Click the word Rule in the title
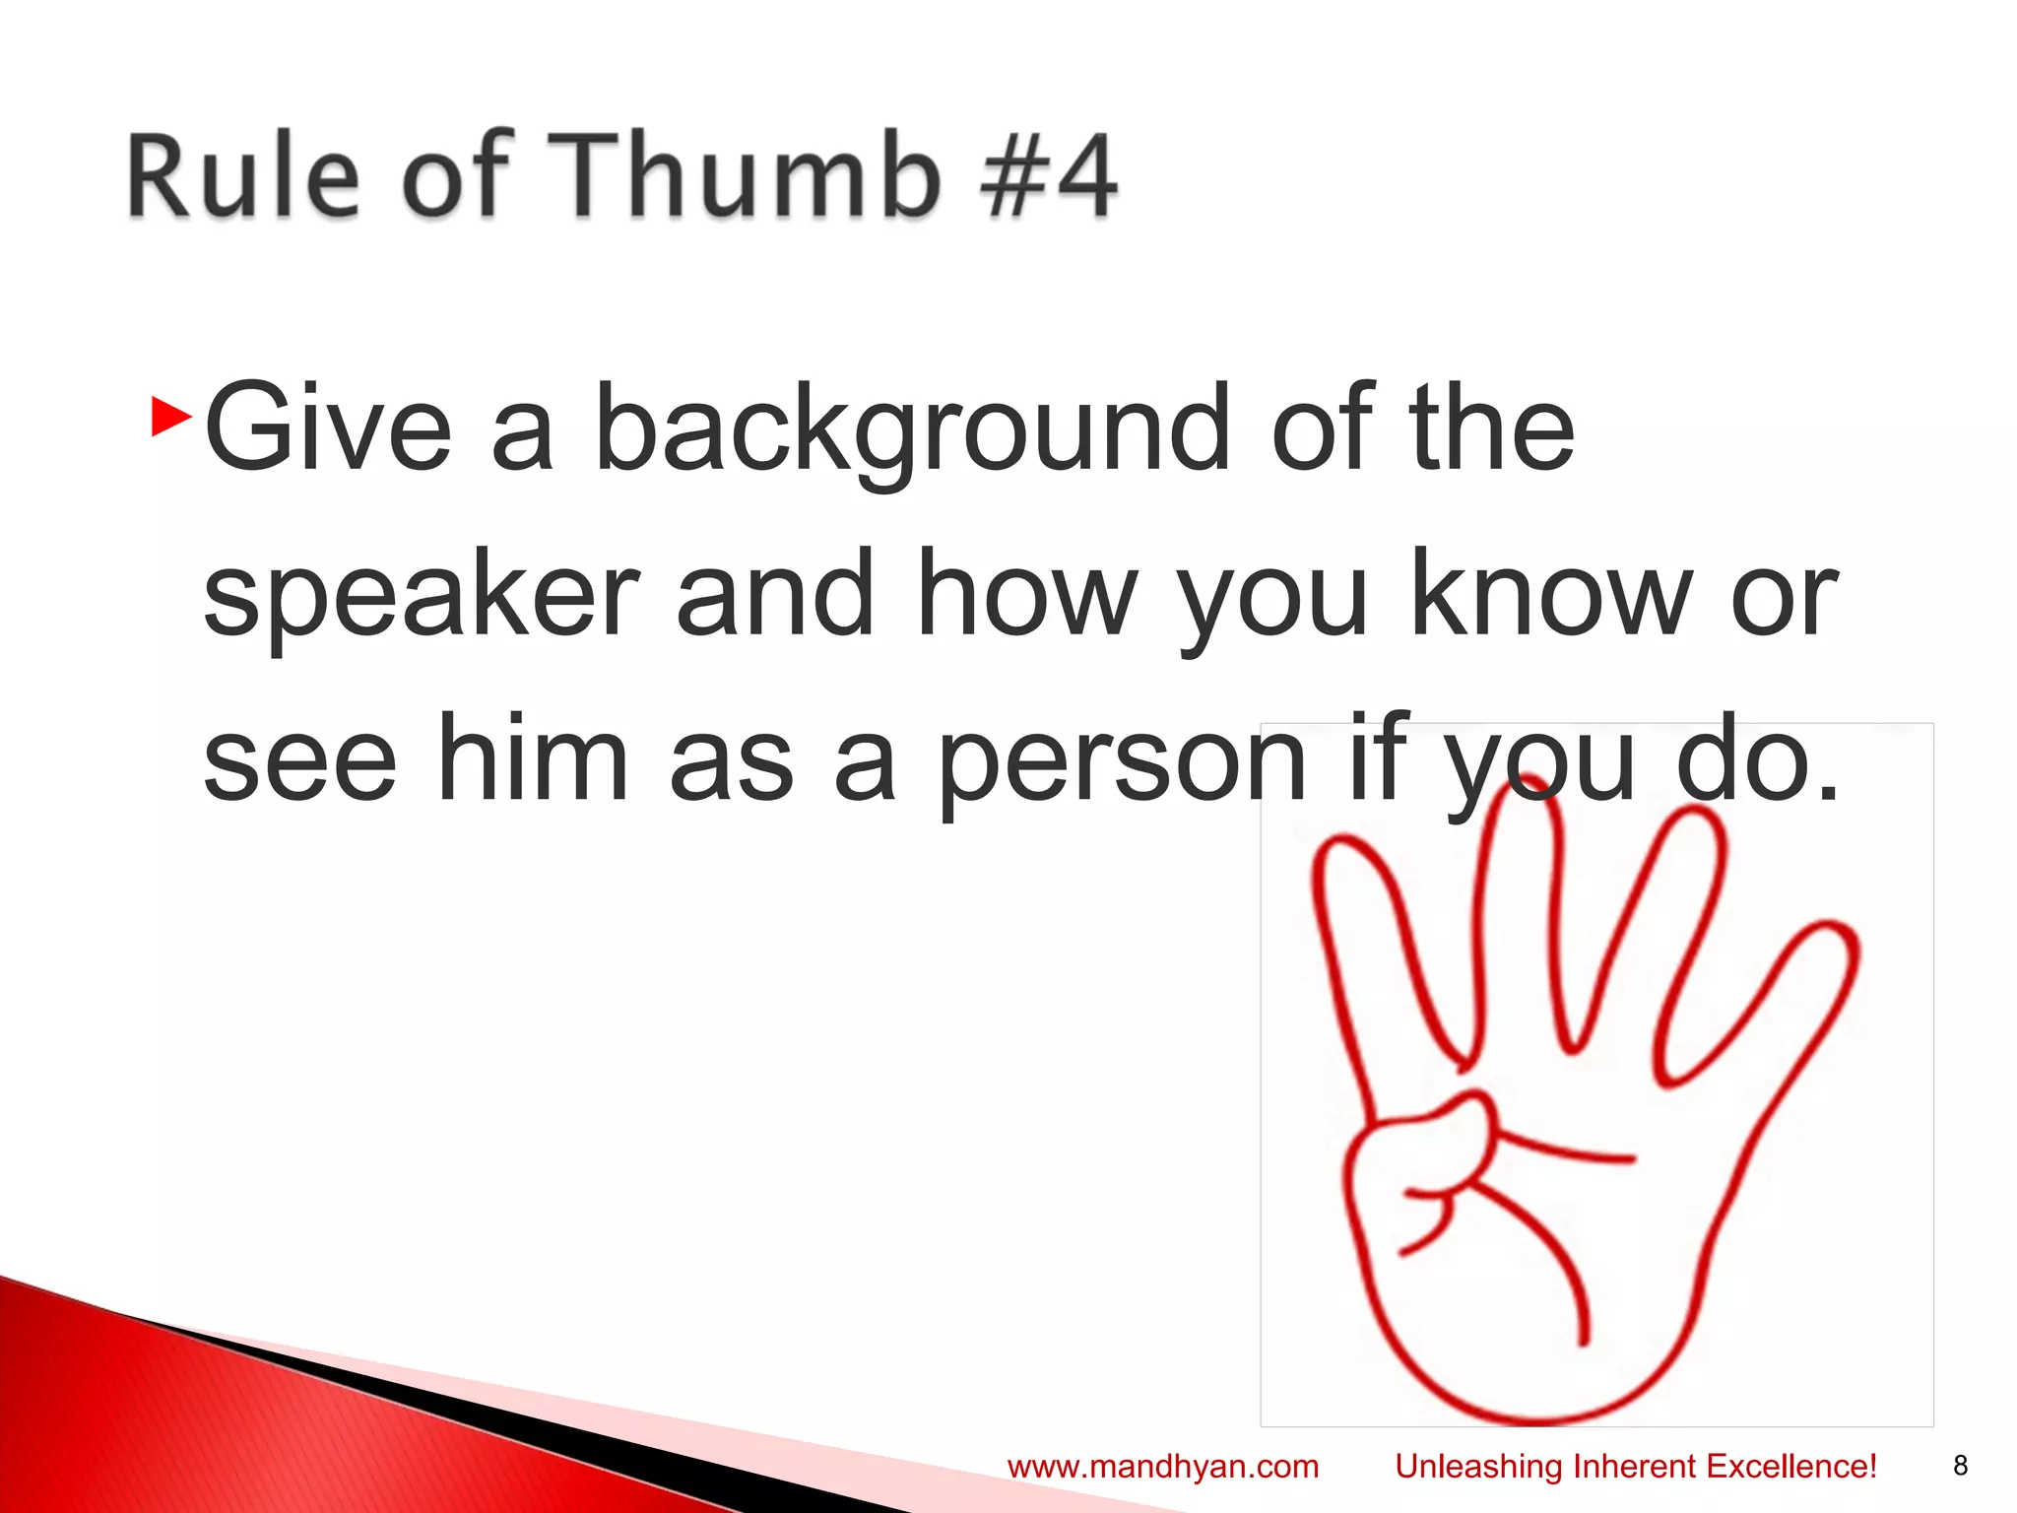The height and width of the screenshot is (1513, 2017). point(242,174)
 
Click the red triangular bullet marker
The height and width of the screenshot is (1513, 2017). point(171,418)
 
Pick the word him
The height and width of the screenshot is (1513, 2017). point(532,759)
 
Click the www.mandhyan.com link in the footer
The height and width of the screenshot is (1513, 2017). point(1163,1467)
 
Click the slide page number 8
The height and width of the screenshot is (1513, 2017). point(1960,1466)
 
